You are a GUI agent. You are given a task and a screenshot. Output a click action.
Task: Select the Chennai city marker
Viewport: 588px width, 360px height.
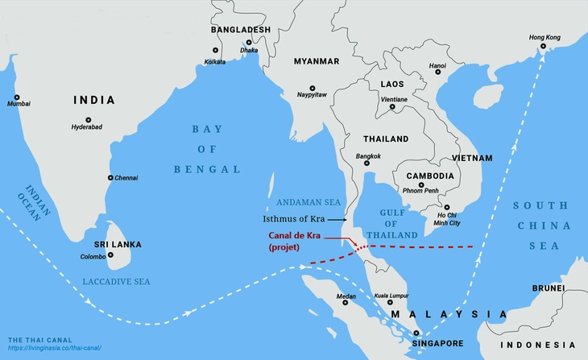[x=110, y=178]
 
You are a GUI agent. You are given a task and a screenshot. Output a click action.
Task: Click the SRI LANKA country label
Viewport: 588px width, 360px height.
[x=96, y=244]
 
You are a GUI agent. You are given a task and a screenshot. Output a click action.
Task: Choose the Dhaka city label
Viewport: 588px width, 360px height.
[x=250, y=61]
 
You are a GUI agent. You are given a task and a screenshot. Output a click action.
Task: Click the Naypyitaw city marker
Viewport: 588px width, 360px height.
[x=313, y=89]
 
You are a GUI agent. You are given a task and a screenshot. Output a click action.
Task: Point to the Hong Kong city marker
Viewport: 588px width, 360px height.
[x=545, y=46]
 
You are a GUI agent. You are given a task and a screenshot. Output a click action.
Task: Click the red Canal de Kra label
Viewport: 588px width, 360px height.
[x=296, y=235]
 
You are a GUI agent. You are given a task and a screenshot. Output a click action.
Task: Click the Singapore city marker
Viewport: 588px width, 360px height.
[x=416, y=333]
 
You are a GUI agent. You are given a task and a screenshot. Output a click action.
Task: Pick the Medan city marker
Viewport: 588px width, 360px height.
[x=346, y=302]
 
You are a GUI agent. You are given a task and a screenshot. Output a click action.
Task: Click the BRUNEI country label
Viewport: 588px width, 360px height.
[x=548, y=287]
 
